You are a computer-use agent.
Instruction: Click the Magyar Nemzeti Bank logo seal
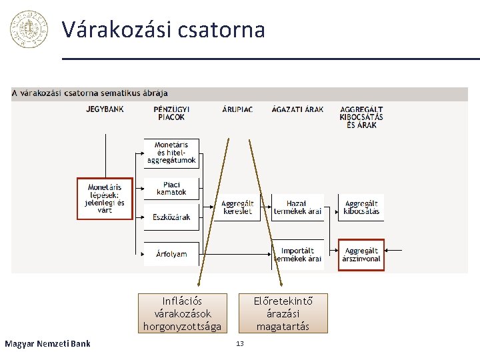29,29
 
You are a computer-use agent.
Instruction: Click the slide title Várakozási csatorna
163,29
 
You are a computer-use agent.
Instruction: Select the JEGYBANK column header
105,109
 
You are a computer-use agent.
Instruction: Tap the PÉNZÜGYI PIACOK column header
171,113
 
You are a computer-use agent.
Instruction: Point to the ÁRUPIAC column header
237,109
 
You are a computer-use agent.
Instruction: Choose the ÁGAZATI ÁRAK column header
298,109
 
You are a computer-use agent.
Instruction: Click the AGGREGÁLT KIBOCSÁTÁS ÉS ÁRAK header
361,117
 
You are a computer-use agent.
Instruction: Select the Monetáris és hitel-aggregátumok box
171,153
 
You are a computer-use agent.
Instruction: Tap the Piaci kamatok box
171,189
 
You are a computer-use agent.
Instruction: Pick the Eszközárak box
171,217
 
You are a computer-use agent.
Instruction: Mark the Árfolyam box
171,254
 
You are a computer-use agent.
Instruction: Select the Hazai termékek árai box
297,207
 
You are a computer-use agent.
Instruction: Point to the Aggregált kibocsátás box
361,207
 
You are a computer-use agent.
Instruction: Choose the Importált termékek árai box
297,255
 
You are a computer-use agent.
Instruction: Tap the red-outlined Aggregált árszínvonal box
361,255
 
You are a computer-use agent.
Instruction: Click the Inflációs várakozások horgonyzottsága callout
182,313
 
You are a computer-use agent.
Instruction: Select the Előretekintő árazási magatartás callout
283,313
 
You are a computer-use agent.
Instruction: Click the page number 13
240,343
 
